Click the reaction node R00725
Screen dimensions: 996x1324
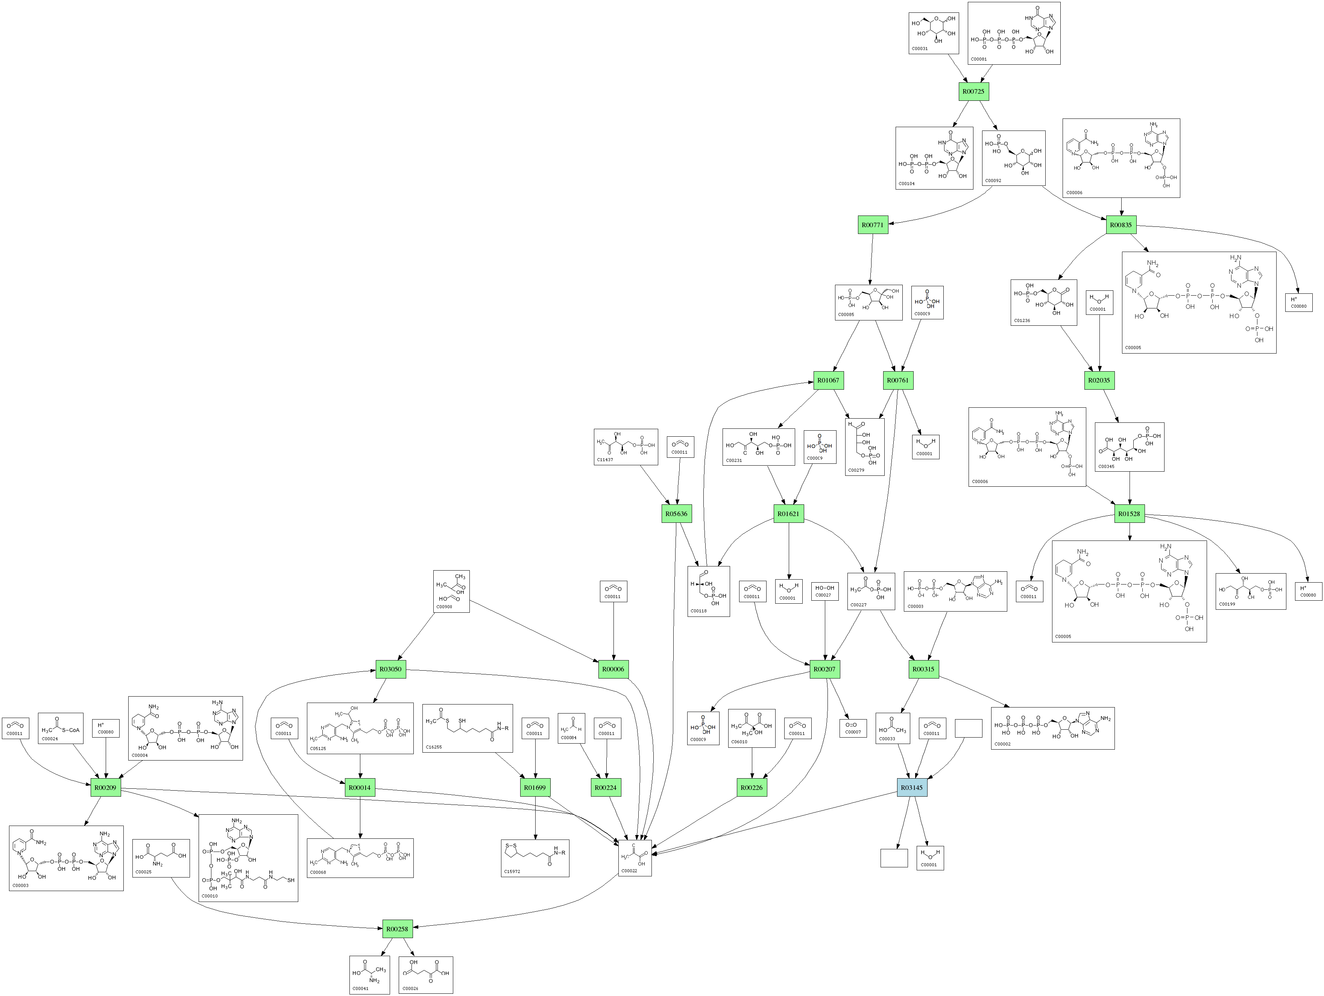tap(973, 91)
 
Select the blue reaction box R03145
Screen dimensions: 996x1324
tap(912, 788)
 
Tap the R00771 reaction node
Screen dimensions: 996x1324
tap(872, 225)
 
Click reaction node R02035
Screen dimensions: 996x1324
tap(1099, 380)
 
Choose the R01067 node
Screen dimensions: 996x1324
tap(828, 380)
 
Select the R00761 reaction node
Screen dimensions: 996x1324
tap(898, 380)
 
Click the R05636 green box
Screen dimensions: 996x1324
tap(676, 513)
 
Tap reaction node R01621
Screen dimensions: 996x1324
tap(788, 513)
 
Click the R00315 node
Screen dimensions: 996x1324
tap(923, 669)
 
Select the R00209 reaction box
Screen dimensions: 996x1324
tap(105, 788)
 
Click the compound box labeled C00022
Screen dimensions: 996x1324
tap(635, 858)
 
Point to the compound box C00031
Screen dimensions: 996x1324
tap(933, 33)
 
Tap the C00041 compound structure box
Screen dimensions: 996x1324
tap(369, 975)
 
